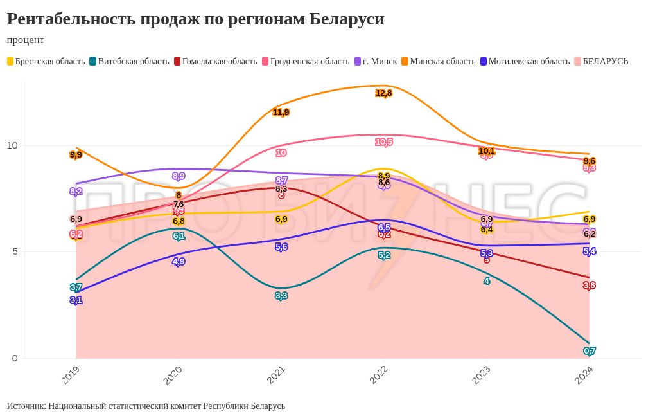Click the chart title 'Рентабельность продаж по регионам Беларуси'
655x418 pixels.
[x=195, y=19]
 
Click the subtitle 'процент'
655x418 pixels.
[x=26, y=40]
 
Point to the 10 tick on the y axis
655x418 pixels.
[x=12, y=145]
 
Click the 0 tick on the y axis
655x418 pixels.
[x=15, y=358]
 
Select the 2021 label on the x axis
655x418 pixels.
[x=277, y=375]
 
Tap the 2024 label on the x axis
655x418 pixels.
[x=584, y=375]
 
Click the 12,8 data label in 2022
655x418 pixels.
[x=384, y=93]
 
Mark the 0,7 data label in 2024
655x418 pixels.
[x=589, y=350]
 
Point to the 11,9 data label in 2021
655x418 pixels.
[x=281, y=113]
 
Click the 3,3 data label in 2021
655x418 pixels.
[x=281, y=296]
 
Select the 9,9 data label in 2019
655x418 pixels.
[x=76, y=155]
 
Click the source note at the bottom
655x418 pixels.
[x=146, y=406]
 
